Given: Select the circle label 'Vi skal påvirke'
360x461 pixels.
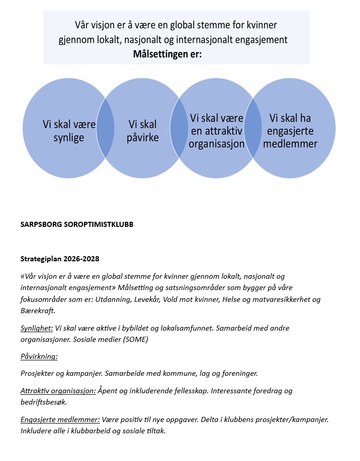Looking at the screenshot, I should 143,131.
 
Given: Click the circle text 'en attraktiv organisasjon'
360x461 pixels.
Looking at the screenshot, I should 217,137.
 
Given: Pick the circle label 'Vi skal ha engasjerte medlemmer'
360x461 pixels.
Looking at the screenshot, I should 293,131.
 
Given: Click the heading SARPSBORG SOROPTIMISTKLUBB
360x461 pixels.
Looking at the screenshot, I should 77,224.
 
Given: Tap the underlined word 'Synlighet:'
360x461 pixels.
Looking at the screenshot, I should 37,328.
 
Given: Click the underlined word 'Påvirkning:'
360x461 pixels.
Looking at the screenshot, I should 39,356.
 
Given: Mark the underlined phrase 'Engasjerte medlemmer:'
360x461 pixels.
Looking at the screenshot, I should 60,419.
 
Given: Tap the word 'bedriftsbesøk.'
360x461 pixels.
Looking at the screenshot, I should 44,402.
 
